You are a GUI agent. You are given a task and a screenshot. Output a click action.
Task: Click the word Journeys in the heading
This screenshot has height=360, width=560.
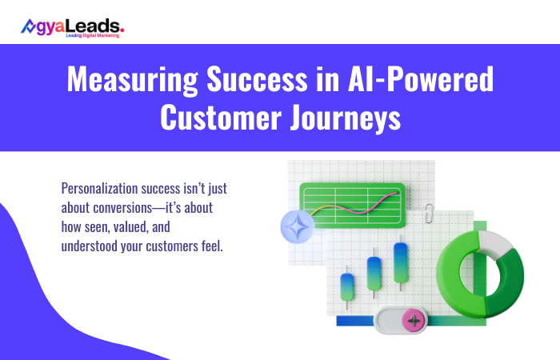pos(349,117)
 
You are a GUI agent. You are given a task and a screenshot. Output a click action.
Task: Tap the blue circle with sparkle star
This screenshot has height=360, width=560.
pos(297,226)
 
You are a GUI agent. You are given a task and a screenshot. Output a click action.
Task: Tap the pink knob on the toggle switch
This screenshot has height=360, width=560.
pos(414,321)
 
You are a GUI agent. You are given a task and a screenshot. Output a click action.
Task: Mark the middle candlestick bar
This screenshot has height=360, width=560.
pos(373,274)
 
